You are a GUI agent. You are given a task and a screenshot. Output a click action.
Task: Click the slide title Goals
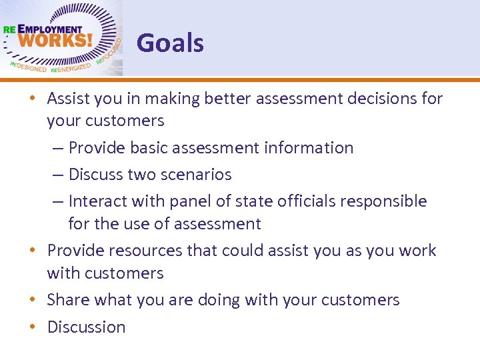coord(170,43)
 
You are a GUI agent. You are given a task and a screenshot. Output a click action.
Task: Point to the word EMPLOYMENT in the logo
coord(49,30)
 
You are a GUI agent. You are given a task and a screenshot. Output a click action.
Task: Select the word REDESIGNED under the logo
coord(28,68)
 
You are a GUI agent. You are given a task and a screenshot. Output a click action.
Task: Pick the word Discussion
coord(86,327)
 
